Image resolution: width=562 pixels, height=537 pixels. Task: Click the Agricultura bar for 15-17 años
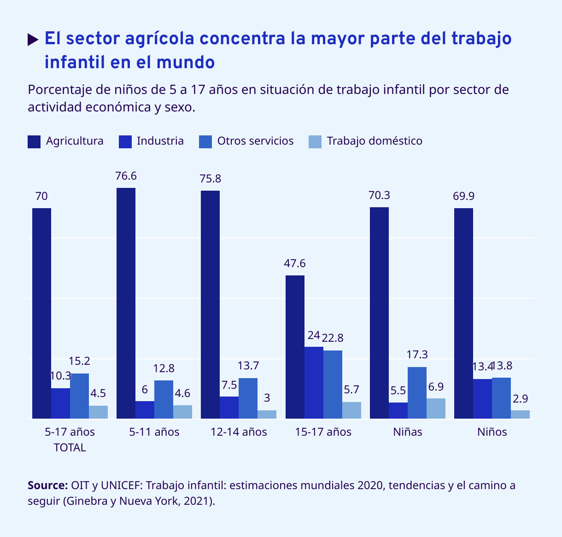(295, 347)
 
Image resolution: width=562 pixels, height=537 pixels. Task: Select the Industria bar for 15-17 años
(314, 383)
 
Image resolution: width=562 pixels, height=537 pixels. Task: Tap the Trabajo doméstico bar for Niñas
(436, 409)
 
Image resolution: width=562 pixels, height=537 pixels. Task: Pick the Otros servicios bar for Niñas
(417, 393)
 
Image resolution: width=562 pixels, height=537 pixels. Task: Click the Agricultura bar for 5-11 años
(126, 303)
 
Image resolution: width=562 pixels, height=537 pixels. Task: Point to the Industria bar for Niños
(482, 399)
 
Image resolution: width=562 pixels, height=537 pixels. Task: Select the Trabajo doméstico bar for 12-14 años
(267, 414)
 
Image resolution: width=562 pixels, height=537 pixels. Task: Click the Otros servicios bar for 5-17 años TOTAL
(79, 396)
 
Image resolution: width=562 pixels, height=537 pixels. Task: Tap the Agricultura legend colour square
(34, 141)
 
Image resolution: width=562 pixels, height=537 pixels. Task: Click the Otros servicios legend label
(255, 141)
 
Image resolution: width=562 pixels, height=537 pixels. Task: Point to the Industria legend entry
(160, 141)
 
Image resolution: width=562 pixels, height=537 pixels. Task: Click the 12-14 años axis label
(239, 432)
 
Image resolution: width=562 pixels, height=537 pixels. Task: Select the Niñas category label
(408, 432)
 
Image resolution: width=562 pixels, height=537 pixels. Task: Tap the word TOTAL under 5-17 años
(70, 448)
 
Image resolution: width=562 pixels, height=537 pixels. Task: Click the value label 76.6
(126, 176)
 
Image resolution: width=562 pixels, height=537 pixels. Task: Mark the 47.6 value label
(295, 263)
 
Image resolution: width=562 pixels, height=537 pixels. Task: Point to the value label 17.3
(417, 355)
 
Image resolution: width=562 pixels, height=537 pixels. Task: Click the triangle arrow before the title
(33, 40)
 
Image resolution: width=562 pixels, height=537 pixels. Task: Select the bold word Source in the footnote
(47, 485)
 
